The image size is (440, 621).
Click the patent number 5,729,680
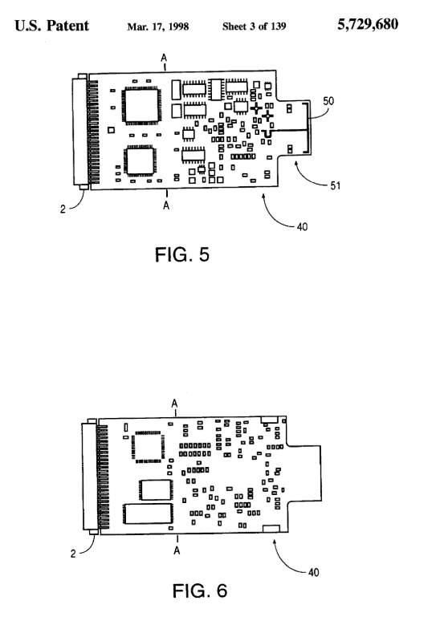pyautogui.click(x=368, y=25)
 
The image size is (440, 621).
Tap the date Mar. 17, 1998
pyautogui.click(x=157, y=26)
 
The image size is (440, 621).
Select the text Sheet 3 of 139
pyautogui.click(x=254, y=26)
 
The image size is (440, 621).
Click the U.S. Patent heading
pyautogui.click(x=52, y=26)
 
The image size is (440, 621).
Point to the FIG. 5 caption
pyautogui.click(x=182, y=254)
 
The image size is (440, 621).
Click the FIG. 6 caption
pyautogui.click(x=200, y=591)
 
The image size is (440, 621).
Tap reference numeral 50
pyautogui.click(x=328, y=101)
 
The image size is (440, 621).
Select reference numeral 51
pyautogui.click(x=336, y=185)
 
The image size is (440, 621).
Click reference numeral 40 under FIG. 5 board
pyautogui.click(x=302, y=227)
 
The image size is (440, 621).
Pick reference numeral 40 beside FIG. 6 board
pyautogui.click(x=314, y=572)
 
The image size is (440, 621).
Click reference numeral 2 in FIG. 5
pyautogui.click(x=63, y=209)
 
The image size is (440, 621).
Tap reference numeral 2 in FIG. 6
pyautogui.click(x=73, y=554)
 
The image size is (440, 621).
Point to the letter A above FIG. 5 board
pyautogui.click(x=164, y=58)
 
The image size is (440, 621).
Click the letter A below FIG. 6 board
pyautogui.click(x=177, y=550)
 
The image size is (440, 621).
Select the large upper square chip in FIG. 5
pyautogui.click(x=141, y=106)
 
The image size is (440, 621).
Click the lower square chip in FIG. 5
pyautogui.click(x=140, y=160)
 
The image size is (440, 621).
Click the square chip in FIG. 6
pyautogui.click(x=149, y=447)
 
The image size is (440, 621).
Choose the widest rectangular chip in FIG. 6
pyautogui.click(x=149, y=513)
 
